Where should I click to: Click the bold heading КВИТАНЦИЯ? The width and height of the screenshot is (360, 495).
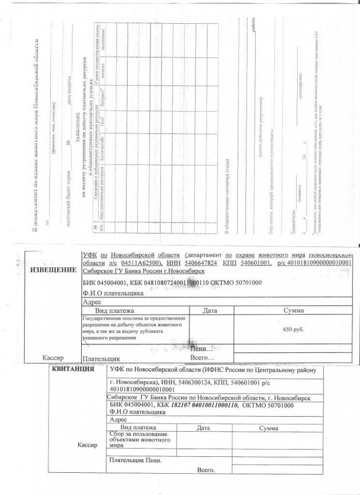[73, 370]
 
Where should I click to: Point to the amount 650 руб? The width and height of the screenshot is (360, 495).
[296, 329]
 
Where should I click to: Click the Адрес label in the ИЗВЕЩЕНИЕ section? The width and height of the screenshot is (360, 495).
[93, 301]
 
